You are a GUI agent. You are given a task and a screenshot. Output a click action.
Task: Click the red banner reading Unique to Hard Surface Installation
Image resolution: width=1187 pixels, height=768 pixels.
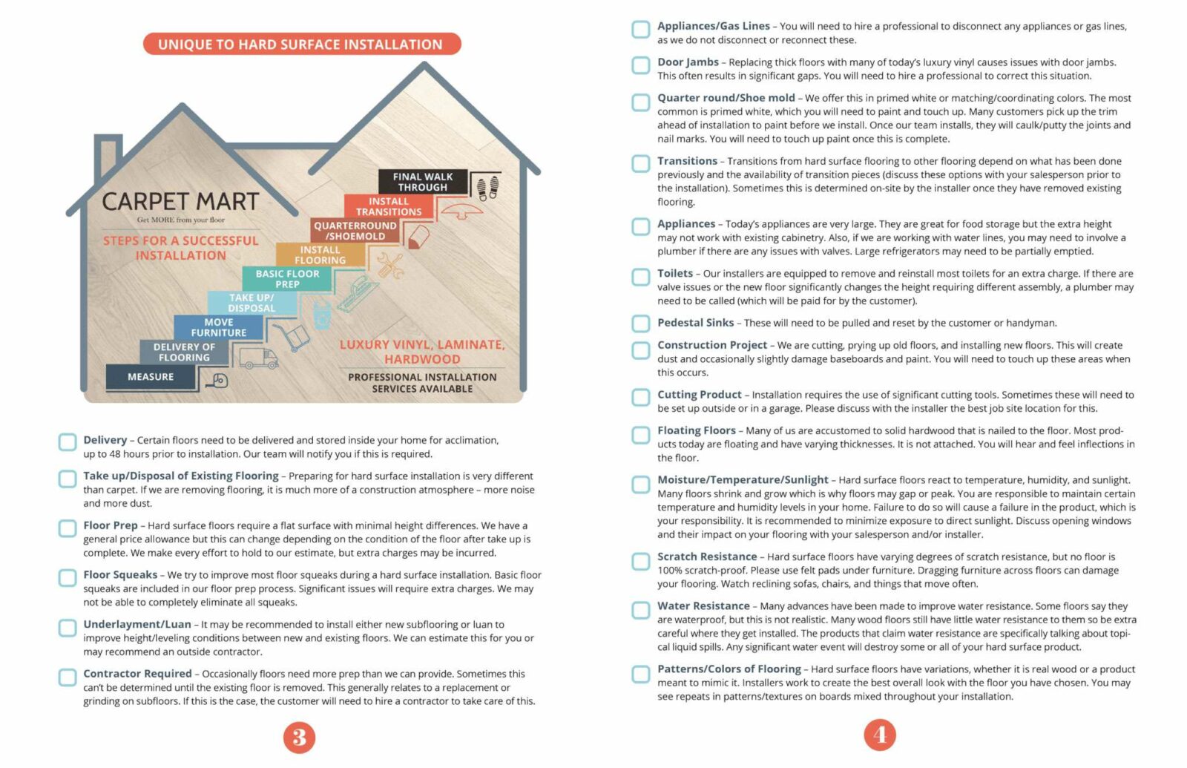(x=301, y=45)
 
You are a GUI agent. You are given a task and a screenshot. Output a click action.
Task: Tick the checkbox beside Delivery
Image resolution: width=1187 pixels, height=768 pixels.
(x=68, y=442)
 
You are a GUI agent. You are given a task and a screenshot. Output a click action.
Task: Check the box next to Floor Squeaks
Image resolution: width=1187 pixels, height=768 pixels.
(x=68, y=577)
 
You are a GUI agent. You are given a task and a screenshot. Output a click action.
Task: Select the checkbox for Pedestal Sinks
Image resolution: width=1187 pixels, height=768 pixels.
(x=641, y=324)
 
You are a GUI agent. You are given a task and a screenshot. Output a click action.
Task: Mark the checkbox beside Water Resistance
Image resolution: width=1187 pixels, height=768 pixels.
(x=641, y=609)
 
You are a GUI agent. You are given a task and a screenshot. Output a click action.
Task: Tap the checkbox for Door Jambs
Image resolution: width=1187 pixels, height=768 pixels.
(x=641, y=65)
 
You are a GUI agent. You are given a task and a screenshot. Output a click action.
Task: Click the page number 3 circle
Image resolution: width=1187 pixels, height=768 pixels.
(x=299, y=738)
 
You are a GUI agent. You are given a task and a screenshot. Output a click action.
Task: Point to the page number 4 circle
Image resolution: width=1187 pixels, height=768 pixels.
(x=880, y=735)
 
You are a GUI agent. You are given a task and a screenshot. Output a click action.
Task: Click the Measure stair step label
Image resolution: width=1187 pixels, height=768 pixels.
(x=151, y=377)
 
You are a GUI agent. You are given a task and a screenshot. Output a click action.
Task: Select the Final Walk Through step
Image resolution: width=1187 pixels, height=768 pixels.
(x=423, y=182)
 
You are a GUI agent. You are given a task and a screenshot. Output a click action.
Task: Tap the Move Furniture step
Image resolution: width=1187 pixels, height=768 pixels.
(x=219, y=327)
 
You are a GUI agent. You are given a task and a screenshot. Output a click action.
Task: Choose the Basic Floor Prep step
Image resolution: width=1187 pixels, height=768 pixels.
(x=287, y=279)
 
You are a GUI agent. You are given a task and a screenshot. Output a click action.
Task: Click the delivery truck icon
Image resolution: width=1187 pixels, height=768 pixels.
(x=258, y=358)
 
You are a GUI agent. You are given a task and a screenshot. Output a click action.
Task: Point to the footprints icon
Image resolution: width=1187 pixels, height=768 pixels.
(x=487, y=188)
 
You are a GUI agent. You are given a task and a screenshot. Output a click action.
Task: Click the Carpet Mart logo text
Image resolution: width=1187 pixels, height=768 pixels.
(x=180, y=202)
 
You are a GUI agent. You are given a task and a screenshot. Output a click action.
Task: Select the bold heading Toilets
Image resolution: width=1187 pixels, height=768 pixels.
(x=675, y=274)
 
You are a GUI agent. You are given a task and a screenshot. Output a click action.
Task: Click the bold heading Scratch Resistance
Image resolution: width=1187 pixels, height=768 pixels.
(x=707, y=557)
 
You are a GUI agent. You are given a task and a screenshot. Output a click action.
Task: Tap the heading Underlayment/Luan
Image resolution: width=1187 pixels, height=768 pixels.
(x=137, y=625)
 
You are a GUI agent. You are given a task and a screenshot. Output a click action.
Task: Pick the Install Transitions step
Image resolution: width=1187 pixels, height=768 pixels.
(x=389, y=206)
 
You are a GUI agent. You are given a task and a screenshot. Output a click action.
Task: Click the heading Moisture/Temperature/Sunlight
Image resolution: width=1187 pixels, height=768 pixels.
(x=743, y=480)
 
